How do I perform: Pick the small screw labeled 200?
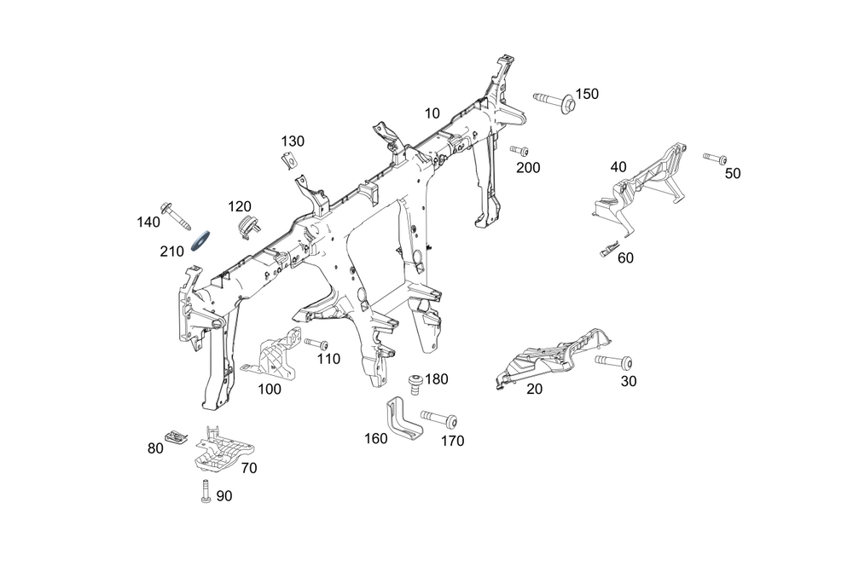(519, 151)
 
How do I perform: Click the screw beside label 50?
(714, 158)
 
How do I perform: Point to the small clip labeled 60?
(607, 249)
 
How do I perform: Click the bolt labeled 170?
(438, 420)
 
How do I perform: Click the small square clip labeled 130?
(289, 159)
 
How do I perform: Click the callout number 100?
(269, 389)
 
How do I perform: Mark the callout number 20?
(535, 389)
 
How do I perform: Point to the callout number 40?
(618, 167)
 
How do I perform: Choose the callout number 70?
(248, 467)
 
